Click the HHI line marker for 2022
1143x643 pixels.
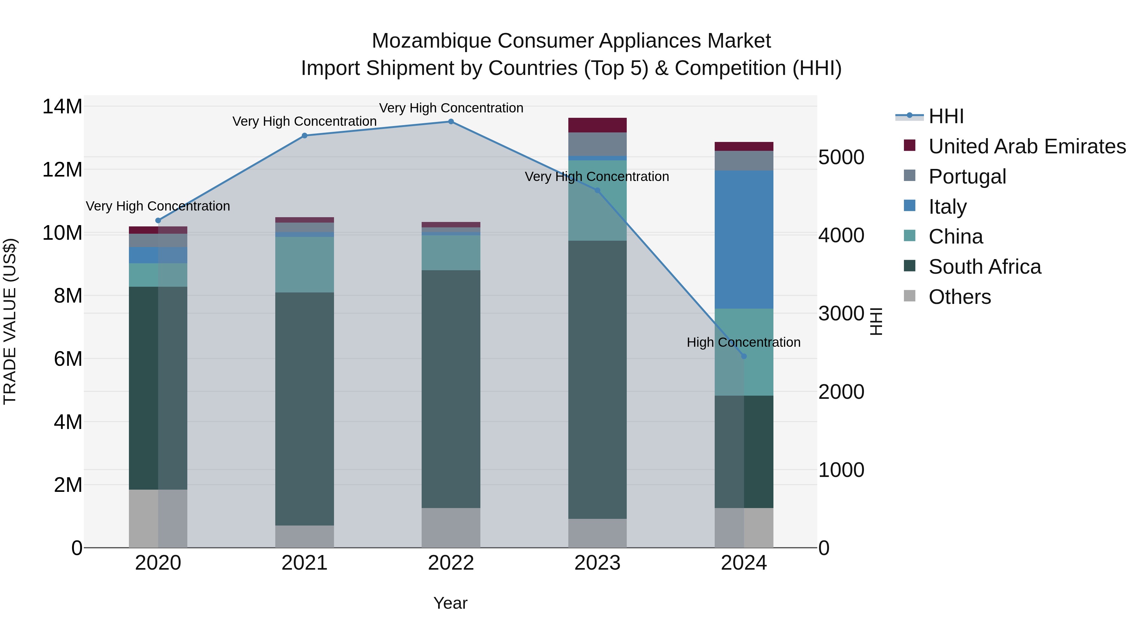pos(451,122)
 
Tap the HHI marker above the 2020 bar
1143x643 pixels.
pos(158,221)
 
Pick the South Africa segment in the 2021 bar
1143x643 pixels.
pos(304,408)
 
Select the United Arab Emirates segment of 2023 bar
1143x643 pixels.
pos(597,125)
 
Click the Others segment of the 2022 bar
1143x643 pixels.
pos(451,528)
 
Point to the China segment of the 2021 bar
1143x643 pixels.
pos(304,265)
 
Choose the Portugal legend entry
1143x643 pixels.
pos(967,177)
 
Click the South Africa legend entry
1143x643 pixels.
pos(985,267)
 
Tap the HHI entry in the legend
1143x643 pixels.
pos(946,116)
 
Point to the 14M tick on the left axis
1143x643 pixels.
pos(62,107)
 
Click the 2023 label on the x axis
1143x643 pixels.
pos(597,563)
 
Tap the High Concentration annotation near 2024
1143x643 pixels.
pos(744,343)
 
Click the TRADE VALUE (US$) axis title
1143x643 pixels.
pos(10,321)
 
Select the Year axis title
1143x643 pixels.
pos(450,603)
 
